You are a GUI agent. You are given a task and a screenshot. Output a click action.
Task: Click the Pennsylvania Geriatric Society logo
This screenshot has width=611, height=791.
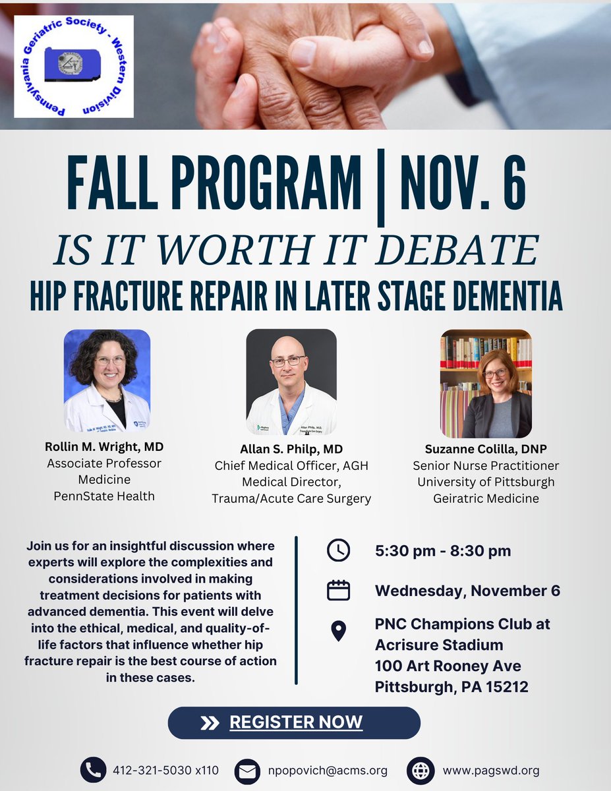coord(74,67)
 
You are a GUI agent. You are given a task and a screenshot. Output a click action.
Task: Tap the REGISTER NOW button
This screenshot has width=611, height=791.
coord(294,722)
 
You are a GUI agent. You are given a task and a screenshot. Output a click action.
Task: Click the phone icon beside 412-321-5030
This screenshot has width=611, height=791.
coord(94,770)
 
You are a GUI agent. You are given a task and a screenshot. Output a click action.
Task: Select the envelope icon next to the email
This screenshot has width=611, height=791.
coord(248,771)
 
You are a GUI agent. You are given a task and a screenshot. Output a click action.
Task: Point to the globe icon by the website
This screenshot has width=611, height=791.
coord(421,770)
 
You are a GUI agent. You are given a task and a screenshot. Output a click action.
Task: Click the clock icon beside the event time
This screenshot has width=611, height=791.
coord(338,550)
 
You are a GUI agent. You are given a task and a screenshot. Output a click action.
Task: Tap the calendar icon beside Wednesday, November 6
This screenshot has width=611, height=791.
coord(338,590)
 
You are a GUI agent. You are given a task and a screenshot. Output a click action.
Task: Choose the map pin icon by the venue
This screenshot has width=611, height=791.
coord(338,631)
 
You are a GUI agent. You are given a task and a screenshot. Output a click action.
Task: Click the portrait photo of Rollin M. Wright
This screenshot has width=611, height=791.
coord(107,380)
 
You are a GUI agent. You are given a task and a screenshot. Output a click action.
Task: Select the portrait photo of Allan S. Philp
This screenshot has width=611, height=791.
coord(291,382)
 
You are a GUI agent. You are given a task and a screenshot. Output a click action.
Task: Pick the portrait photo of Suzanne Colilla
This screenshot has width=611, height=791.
coord(486,384)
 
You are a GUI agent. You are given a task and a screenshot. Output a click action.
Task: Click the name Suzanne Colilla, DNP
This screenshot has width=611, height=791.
coord(486,449)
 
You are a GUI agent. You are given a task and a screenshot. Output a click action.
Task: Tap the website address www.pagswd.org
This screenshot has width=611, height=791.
coord(491,770)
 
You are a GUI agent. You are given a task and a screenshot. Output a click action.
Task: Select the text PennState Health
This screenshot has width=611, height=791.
coord(104,496)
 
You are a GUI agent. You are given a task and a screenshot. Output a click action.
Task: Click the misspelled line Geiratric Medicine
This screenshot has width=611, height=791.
coord(486,498)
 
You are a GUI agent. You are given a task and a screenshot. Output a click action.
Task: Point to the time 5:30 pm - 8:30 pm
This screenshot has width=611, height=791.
coord(442,550)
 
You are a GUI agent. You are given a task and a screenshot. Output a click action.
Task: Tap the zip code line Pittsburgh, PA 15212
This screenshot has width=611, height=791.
coord(451,687)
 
